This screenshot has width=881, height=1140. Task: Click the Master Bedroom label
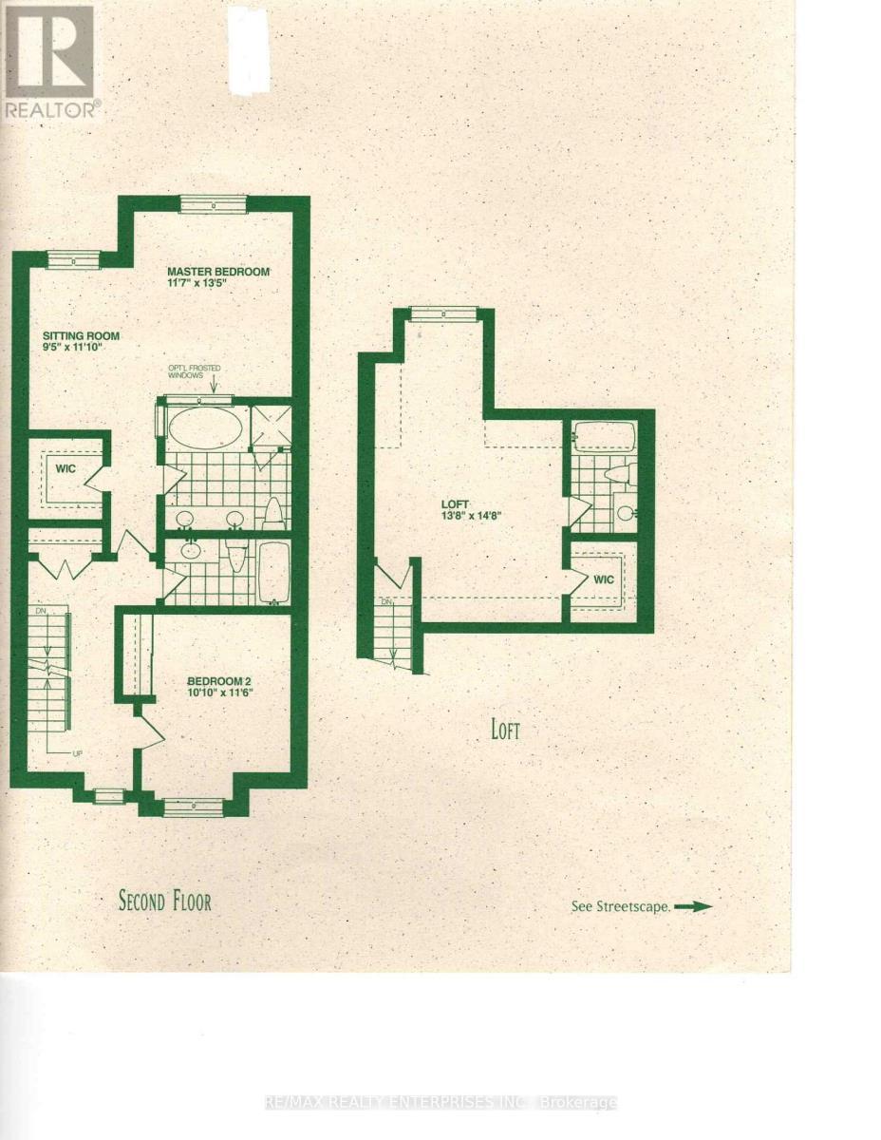coord(219,270)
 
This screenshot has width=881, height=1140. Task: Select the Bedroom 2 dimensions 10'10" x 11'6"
coord(219,693)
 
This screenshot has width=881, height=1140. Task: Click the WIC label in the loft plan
coord(604,579)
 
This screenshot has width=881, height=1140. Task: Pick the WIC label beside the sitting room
coord(66,469)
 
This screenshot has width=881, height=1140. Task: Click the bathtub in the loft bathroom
coord(605,440)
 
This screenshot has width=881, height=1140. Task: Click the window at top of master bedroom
coord(214,203)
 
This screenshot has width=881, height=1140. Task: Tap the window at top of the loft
coord(441,313)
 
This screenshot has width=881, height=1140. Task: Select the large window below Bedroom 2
coord(193,807)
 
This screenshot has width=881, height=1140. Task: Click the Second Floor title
coord(164,900)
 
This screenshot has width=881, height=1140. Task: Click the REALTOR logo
coord(50,63)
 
